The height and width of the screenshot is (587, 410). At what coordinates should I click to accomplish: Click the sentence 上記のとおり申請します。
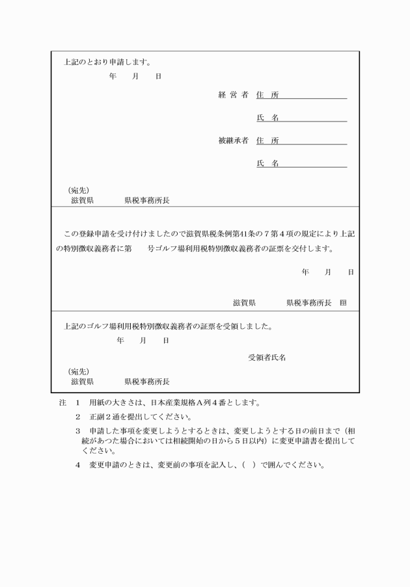[x=107, y=63]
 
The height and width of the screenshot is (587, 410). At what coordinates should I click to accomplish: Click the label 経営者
[x=233, y=95]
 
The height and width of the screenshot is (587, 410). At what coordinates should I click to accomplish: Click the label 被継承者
[x=233, y=140]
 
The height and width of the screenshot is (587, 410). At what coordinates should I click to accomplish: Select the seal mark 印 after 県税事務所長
[x=343, y=303]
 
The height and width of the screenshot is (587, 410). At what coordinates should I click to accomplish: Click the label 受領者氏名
[x=267, y=358]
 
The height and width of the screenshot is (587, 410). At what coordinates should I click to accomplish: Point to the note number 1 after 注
[x=77, y=402]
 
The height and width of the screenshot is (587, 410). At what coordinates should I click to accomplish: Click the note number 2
[x=77, y=417]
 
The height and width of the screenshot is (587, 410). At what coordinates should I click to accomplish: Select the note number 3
[x=77, y=431]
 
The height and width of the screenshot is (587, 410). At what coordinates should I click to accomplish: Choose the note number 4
[x=77, y=465]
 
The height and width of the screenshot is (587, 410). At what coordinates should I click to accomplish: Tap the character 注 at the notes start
[x=62, y=402]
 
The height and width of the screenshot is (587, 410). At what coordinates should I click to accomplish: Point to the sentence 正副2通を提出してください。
[x=141, y=417]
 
